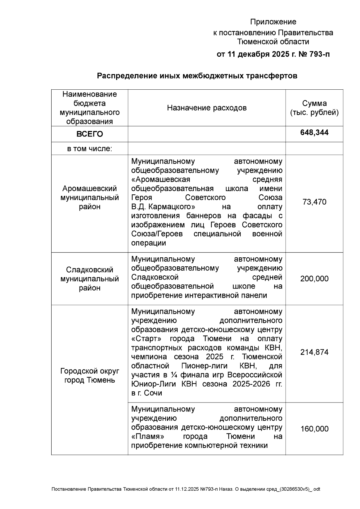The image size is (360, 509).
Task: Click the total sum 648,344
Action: [314, 133]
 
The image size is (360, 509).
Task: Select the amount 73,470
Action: [314, 202]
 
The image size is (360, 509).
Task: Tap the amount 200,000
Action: [314, 279]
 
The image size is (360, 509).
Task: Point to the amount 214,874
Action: [314, 352]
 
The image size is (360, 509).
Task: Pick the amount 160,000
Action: [314, 429]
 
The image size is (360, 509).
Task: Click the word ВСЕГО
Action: [89, 134]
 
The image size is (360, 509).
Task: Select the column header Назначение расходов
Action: [207, 108]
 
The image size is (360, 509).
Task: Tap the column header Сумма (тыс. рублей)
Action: [314, 108]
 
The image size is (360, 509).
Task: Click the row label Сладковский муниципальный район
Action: [89, 279]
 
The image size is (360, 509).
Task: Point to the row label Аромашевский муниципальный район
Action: [89, 198]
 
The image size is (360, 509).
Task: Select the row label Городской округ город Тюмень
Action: [89, 376]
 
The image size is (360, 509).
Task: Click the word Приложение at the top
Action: [273, 22]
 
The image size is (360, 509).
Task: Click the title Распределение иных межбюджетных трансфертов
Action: [197, 76]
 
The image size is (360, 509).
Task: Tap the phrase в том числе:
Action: [89, 149]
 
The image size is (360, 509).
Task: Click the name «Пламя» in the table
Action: [148, 436]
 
